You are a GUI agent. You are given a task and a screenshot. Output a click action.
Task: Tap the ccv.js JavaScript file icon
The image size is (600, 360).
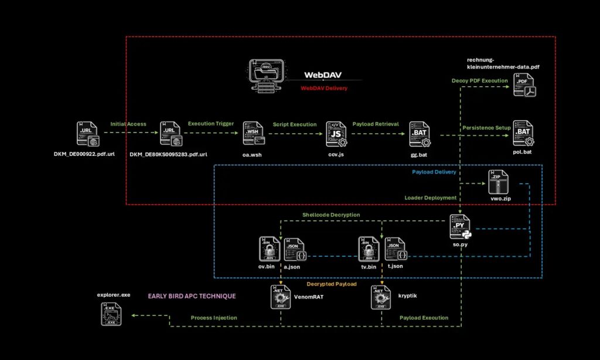(x=336, y=134)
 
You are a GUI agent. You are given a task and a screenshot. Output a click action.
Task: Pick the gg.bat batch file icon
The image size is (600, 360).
(x=420, y=134)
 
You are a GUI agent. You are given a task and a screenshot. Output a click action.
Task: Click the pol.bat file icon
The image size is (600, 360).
(x=523, y=134)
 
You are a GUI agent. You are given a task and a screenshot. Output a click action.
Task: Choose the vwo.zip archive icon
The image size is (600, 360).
(x=498, y=183)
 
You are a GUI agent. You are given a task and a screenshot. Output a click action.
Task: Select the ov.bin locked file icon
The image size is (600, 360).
(x=268, y=249)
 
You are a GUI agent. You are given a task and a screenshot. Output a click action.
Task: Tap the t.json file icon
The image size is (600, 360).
(x=395, y=249)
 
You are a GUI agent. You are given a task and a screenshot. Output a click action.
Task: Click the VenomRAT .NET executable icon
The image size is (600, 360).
(x=280, y=298)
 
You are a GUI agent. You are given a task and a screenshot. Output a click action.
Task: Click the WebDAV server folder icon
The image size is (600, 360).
(x=267, y=75)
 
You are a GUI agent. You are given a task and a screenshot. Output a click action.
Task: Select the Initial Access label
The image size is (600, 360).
(x=129, y=124)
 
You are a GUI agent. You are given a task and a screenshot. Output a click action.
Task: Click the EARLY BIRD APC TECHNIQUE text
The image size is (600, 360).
(x=192, y=296)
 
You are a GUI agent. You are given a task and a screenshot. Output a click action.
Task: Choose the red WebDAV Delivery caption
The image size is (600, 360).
(x=324, y=88)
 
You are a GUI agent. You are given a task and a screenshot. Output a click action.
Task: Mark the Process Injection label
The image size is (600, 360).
(x=214, y=318)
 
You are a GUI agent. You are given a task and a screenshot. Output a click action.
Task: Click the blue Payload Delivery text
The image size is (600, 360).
(x=434, y=172)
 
